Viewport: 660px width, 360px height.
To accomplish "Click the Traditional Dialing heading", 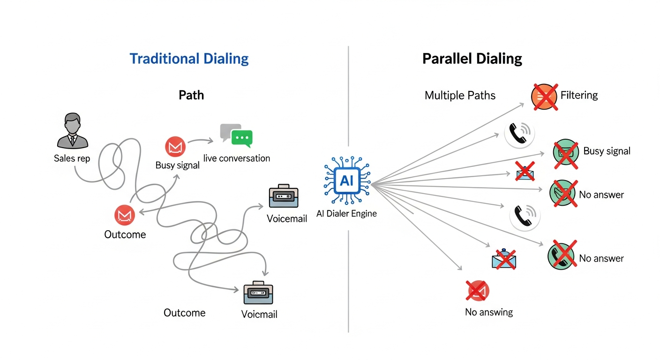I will pyautogui.click(x=189, y=59).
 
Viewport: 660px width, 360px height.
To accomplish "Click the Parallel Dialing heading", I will pyautogui.click(x=472, y=59).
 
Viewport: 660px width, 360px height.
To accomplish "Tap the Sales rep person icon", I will pyautogui.click(x=72, y=131).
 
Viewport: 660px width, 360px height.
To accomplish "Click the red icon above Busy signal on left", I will pyautogui.click(x=175, y=147).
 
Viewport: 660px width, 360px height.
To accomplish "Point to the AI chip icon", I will pyautogui.click(x=347, y=181).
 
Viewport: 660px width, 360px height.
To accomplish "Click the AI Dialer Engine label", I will pyautogui.click(x=346, y=214).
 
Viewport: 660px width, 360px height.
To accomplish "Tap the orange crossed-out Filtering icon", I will pyautogui.click(x=544, y=97).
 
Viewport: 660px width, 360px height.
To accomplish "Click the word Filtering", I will pyautogui.click(x=579, y=96).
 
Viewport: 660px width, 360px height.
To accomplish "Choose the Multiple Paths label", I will pyautogui.click(x=460, y=96).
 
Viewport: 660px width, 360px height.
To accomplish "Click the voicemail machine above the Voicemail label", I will pyautogui.click(x=284, y=198).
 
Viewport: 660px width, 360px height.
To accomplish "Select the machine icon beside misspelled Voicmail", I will pyautogui.click(x=258, y=293).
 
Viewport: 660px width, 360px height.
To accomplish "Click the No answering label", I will pyautogui.click(x=488, y=312).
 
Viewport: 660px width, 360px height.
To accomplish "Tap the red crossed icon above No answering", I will pyautogui.click(x=478, y=291).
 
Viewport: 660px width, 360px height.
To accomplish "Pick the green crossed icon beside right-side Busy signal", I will pyautogui.click(x=566, y=152).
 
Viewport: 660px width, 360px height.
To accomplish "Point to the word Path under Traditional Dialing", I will pyautogui.click(x=191, y=95).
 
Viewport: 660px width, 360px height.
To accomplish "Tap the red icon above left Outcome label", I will pyautogui.click(x=125, y=215).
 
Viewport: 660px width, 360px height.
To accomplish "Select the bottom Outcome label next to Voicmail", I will pyautogui.click(x=184, y=313).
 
